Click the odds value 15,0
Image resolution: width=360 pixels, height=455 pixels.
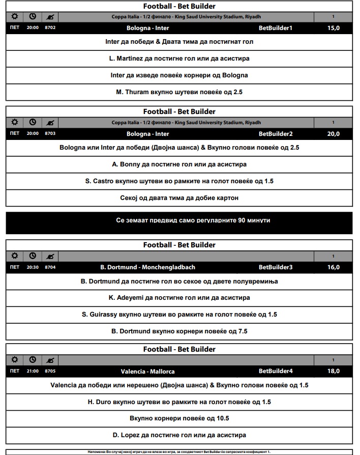pos(333,28)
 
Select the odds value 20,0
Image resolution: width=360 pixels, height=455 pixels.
pos(333,134)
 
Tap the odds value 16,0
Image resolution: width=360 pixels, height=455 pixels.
pos(333,267)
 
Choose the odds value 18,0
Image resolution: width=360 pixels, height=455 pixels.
pos(333,371)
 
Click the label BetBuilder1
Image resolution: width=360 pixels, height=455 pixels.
pos(276,28)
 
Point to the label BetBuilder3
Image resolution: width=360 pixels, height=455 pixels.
pos(276,267)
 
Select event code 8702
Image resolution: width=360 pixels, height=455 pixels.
pos(50,27)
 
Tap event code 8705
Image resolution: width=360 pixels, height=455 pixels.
pos(50,371)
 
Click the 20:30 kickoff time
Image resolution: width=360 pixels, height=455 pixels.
pos(33,267)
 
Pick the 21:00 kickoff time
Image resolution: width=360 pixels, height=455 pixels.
pos(33,371)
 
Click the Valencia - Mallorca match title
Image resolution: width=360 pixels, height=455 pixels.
pos(147,371)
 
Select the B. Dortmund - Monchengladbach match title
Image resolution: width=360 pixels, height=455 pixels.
pos(147,267)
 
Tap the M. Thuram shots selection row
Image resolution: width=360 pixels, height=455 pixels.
pos(179,92)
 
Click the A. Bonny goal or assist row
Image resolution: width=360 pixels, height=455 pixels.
pos(179,164)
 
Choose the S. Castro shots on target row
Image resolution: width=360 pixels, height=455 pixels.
pos(179,181)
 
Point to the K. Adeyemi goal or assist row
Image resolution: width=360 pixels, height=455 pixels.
pos(179,298)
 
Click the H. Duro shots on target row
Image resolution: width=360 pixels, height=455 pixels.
pos(179,402)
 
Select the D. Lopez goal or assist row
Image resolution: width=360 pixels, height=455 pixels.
pos(179,435)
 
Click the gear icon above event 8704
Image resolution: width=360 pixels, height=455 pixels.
pos(15,255)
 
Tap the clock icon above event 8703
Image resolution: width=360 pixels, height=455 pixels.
pos(33,122)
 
